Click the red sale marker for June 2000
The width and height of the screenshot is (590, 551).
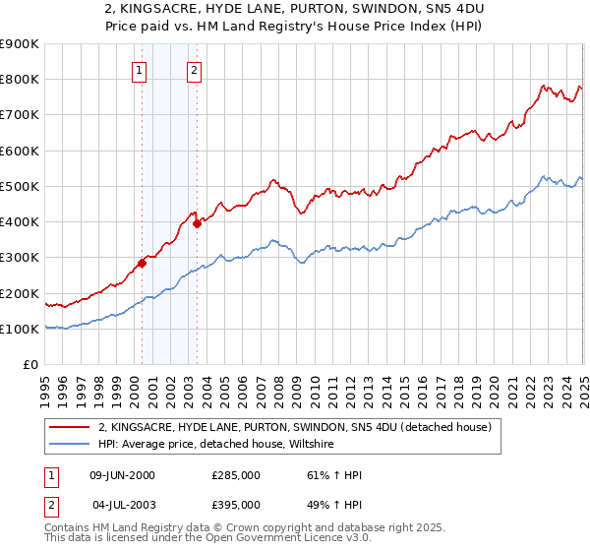tap(143, 263)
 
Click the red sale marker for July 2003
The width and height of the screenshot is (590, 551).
tap(198, 223)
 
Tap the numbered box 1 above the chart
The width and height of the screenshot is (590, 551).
tap(140, 70)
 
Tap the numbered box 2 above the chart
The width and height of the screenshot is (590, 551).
tap(195, 70)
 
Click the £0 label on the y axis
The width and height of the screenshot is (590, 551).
tap(29, 365)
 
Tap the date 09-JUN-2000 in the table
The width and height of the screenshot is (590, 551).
tap(122, 475)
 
